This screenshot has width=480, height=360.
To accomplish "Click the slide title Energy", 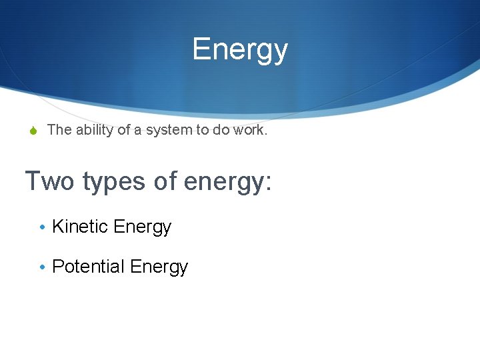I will pyautogui.click(x=240, y=49).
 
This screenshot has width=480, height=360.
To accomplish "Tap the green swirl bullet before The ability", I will pyautogui.click(x=33, y=131).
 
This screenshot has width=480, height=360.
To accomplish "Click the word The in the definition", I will pyautogui.click(x=59, y=130).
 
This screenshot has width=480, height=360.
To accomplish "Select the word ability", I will pyautogui.click(x=95, y=131).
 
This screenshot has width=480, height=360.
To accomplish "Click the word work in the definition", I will pyautogui.click(x=250, y=130).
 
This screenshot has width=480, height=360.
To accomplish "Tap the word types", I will pyautogui.click(x=112, y=182).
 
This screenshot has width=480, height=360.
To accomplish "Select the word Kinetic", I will pyautogui.click(x=81, y=227).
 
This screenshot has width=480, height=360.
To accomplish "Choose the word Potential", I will pyautogui.click(x=89, y=267).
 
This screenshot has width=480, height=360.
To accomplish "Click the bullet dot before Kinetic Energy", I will pyautogui.click(x=42, y=227).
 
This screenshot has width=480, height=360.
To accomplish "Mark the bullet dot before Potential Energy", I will pyautogui.click(x=42, y=267).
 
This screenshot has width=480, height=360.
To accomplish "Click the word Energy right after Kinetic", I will pyautogui.click(x=143, y=227).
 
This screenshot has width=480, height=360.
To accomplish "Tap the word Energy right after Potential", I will pyautogui.click(x=159, y=267).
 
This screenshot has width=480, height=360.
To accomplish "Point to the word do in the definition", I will pyautogui.click(x=221, y=130).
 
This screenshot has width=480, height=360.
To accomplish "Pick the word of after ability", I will pyautogui.click(x=125, y=130).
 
